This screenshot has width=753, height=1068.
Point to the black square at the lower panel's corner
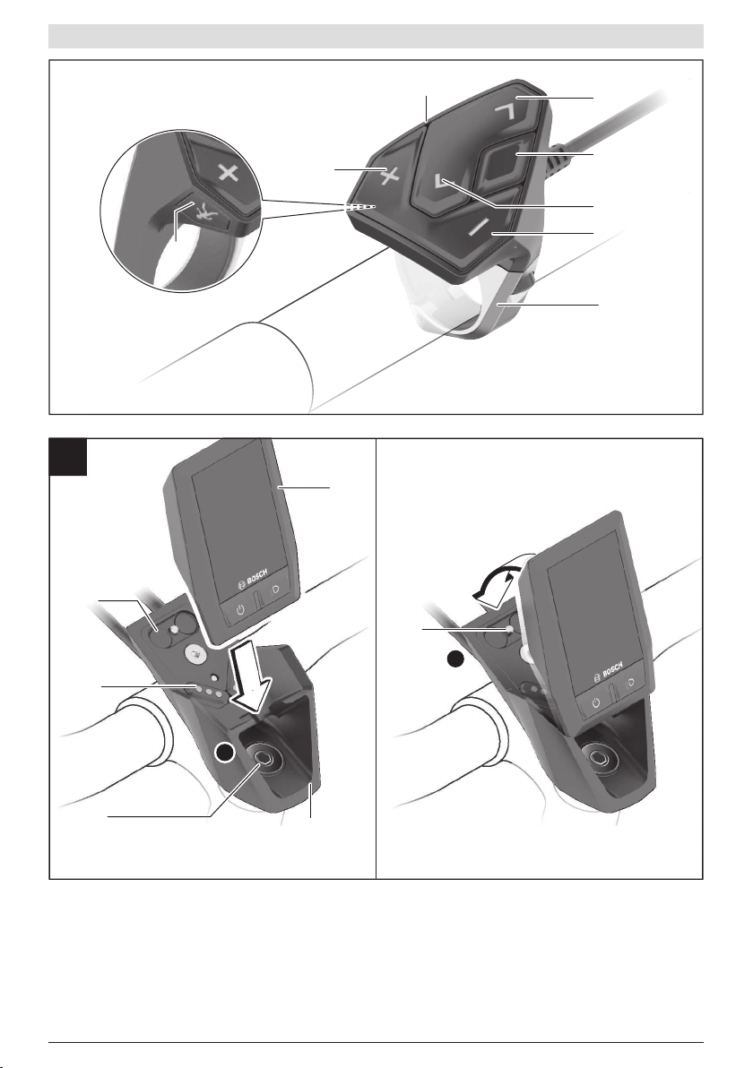pos(68,457)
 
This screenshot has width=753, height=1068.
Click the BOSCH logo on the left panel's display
pos(252,575)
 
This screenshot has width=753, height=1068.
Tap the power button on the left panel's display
pos(240,608)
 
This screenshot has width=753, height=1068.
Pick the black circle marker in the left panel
pos(224,752)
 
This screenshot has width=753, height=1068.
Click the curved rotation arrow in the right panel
pos(496,578)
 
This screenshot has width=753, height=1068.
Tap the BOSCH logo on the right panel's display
pos(610,671)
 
